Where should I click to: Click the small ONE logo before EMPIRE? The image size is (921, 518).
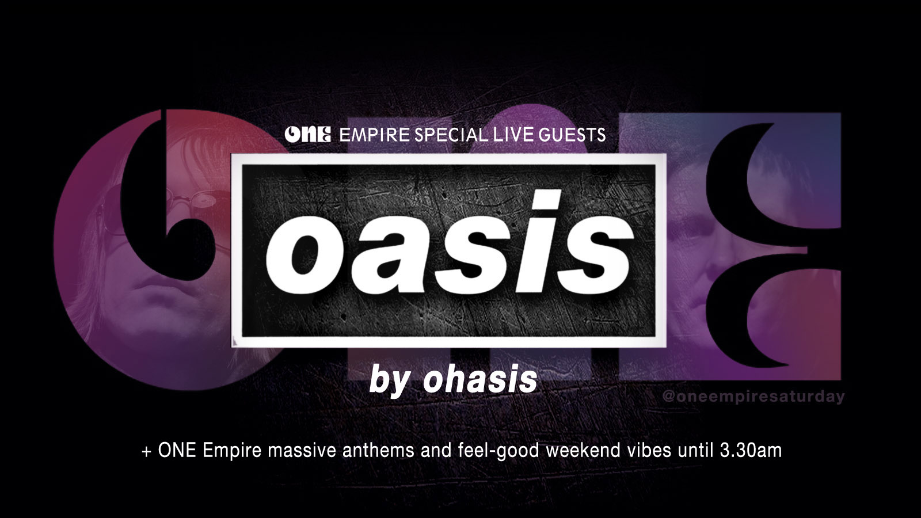coord(307,135)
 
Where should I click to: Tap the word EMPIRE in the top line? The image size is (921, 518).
coord(375,135)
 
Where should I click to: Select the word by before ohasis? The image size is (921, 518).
coord(390,382)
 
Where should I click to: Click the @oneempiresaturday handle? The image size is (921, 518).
coord(753,397)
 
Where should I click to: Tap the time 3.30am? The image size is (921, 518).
coord(751,451)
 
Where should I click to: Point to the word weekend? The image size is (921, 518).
coord(583,451)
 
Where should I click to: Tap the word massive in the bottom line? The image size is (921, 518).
coord(302,451)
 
